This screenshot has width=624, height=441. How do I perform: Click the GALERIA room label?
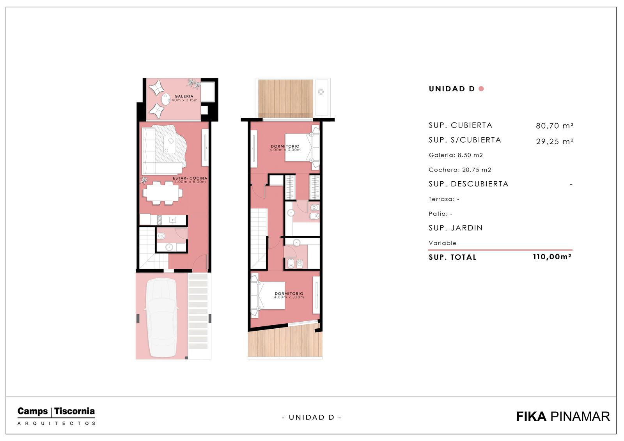point(184,96)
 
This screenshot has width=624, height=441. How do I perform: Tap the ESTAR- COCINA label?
point(190,178)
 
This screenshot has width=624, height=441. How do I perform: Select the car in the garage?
point(162,317)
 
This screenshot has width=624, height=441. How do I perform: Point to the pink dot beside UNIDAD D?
point(481,89)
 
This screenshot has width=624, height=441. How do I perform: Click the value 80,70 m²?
point(554,126)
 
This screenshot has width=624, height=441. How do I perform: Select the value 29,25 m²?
point(554,141)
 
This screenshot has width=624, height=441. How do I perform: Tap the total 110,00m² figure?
point(552,257)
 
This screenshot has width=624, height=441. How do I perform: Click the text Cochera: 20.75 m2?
point(460,170)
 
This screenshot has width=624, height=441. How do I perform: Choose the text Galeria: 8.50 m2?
point(456,155)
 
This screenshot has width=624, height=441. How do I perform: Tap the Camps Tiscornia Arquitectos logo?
point(56,416)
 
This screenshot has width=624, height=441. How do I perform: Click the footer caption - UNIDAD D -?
point(312,417)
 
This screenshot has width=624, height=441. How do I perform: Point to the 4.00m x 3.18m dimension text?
point(289,297)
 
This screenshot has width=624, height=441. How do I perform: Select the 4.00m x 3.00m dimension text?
point(285,150)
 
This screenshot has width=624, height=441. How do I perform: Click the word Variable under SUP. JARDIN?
point(442,243)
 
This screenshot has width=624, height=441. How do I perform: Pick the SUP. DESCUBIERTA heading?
point(468,184)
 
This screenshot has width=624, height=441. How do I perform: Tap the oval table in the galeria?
point(166,99)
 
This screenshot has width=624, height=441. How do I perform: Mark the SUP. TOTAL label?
point(452,257)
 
